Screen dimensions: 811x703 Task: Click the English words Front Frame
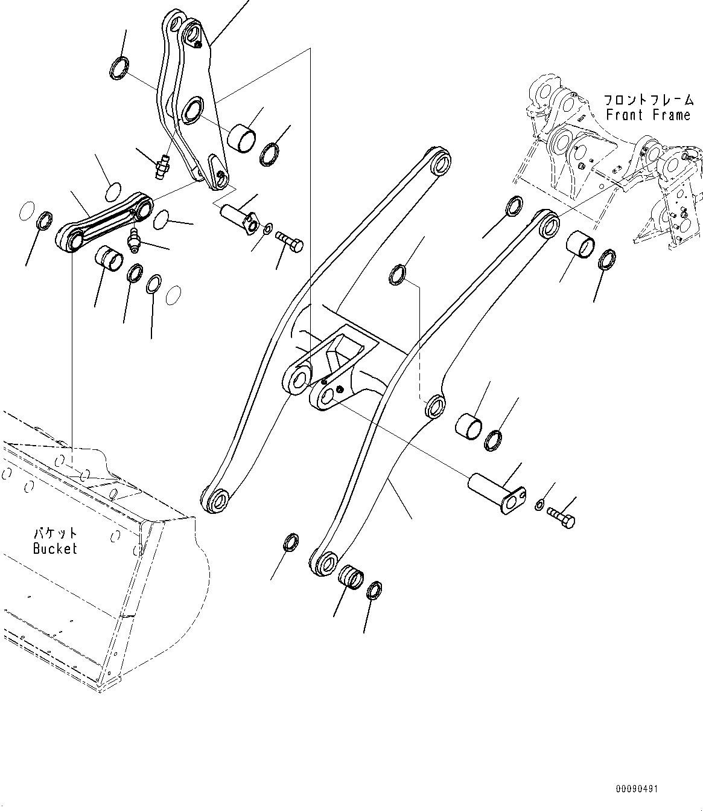[x=647, y=115]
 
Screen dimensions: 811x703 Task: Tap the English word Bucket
[x=55, y=548]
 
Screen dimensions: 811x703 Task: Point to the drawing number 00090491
[x=637, y=789]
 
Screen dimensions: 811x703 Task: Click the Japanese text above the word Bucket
[x=55, y=533]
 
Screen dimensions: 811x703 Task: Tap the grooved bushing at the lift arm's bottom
[x=350, y=575]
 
